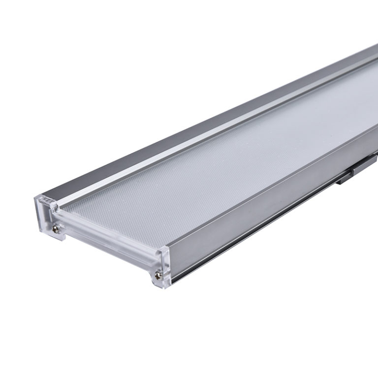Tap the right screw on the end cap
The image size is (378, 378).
click(158, 275)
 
